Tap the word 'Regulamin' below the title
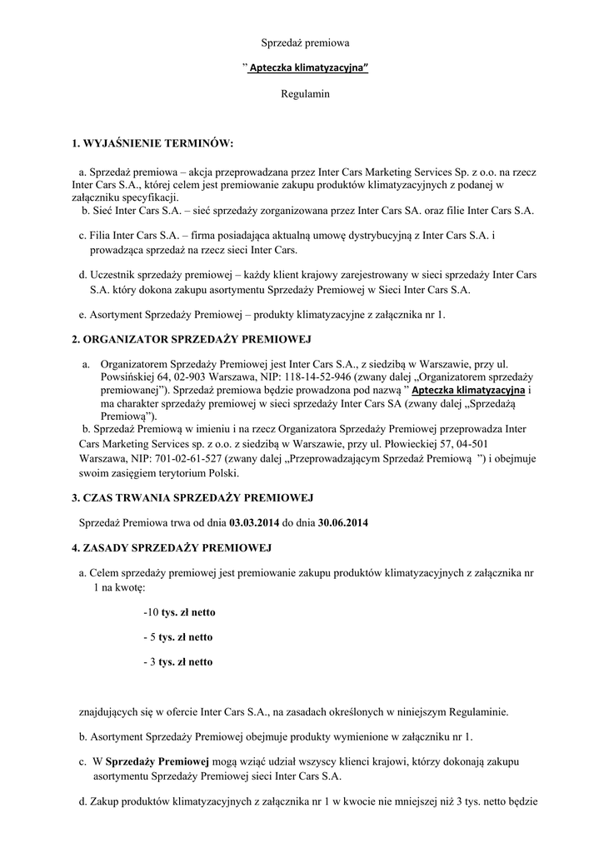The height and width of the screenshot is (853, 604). tap(305, 94)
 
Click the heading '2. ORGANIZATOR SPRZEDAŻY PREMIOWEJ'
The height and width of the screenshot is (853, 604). tap(192, 341)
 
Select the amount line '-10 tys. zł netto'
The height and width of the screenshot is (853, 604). tap(179, 612)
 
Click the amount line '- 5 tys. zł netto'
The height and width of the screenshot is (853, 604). tap(178, 637)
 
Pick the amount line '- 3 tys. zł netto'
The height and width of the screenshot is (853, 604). tap(178, 662)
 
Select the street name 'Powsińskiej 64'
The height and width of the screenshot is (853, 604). tap(130, 377)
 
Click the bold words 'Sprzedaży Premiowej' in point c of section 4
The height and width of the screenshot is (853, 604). tap(157, 761)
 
